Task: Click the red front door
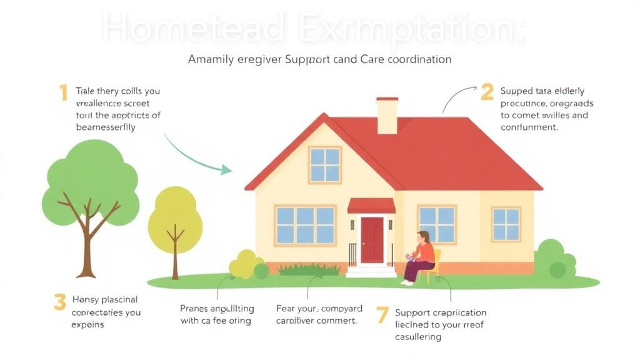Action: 372,240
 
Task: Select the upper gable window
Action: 324,164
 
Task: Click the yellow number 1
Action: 63,93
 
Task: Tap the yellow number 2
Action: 487,92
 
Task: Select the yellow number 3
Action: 59,302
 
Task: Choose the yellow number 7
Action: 382,314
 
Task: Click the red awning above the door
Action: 371,206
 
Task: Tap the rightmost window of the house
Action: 506,224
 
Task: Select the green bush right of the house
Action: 554,259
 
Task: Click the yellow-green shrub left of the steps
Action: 247,264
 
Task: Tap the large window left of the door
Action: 305,225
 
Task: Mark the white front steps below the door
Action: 371,271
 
